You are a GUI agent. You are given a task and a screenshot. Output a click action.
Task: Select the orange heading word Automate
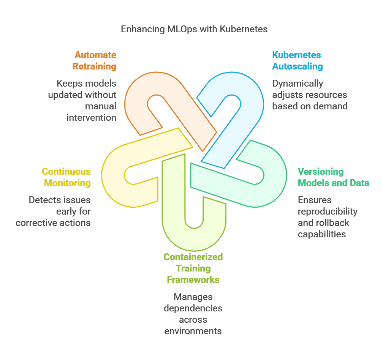tap(95, 55)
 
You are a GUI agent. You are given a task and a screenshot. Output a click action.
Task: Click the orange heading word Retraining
tap(94, 66)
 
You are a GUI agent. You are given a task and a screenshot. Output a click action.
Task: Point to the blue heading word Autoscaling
tap(298, 66)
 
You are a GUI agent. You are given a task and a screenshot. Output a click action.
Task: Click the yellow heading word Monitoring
tap(67, 183)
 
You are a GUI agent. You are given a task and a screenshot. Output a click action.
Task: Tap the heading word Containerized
tap(193, 257)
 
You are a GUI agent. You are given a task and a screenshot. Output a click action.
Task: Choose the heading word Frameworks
tap(193, 280)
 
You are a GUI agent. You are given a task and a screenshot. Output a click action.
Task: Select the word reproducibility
tap(328, 211)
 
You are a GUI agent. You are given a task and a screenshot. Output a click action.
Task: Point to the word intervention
tap(91, 118)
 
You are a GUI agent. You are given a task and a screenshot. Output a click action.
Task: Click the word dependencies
tap(193, 308)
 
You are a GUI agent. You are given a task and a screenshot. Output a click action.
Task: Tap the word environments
tap(193, 331)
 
